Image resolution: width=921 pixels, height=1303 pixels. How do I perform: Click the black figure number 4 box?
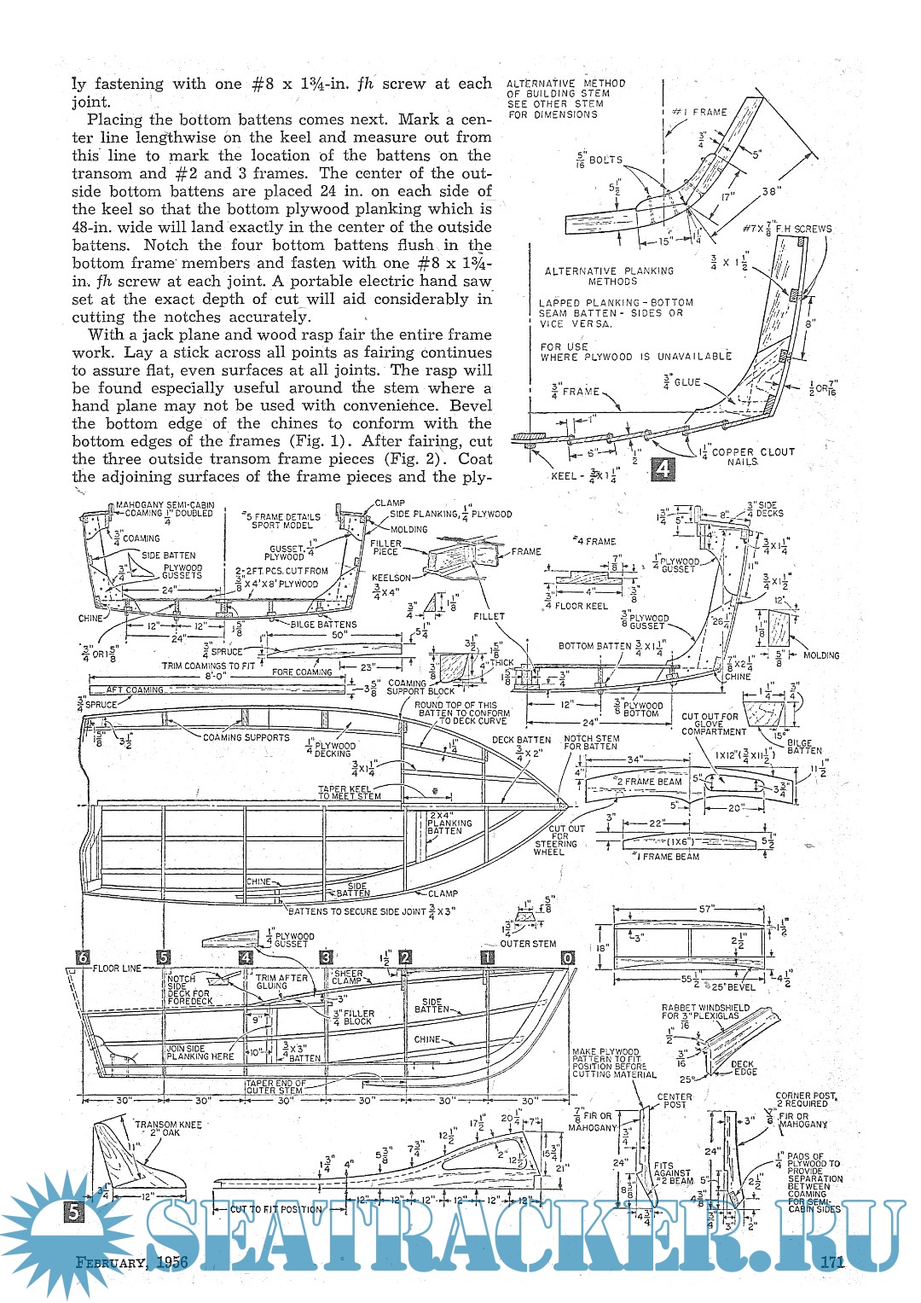(663, 468)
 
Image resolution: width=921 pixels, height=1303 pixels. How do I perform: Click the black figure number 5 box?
(75, 1211)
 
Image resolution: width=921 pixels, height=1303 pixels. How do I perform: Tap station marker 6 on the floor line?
(82, 957)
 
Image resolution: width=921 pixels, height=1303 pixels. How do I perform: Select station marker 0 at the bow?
(568, 957)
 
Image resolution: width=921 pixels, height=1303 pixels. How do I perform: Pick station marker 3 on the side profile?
(326, 957)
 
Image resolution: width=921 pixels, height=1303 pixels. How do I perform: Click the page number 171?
(831, 1262)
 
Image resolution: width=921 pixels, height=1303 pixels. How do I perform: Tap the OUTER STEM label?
(528, 944)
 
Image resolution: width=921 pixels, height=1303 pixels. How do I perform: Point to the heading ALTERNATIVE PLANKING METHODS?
(609, 276)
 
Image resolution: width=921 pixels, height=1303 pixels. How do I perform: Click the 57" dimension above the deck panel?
(706, 910)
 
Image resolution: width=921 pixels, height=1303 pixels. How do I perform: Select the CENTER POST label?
(675, 1101)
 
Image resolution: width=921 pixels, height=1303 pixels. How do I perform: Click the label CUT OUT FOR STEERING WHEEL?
(555, 840)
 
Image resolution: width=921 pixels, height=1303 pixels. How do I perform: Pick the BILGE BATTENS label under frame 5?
(324, 625)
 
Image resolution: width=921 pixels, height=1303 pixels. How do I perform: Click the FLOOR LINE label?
(118, 969)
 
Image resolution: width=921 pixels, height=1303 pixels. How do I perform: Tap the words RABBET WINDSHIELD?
(705, 1008)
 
